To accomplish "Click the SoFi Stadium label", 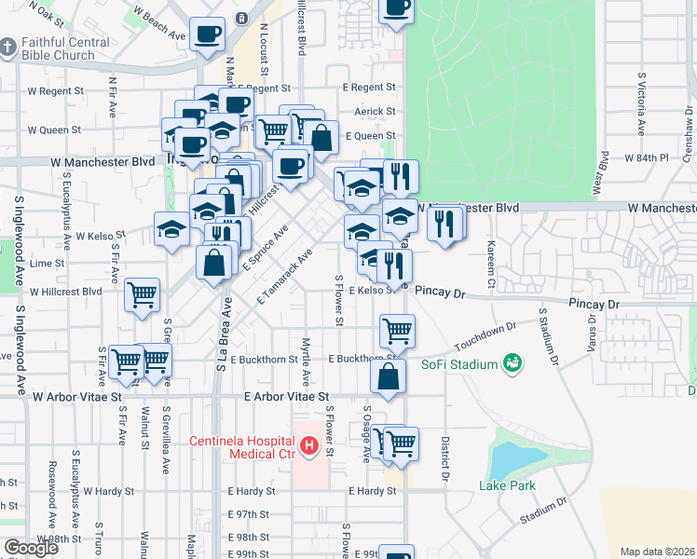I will pos(459,364).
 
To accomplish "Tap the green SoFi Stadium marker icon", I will pos(511,363).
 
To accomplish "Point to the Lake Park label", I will pos(508,485).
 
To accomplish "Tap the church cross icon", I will pos(8,48).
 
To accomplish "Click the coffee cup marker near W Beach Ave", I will pos(207,34).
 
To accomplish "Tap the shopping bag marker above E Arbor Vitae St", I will pos(388,376).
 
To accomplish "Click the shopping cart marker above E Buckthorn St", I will pos(397,330).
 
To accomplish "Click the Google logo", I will pos(30,548).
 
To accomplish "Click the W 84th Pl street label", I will pos(647,158).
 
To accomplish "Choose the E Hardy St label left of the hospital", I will pos(252,491).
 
